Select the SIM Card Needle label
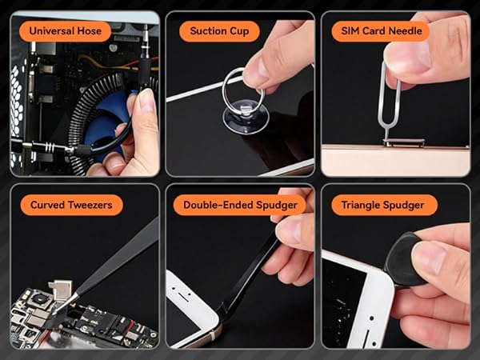coord(380,31)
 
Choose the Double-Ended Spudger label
coord(239,205)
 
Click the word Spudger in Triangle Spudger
coord(409,205)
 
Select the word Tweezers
coord(88,205)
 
